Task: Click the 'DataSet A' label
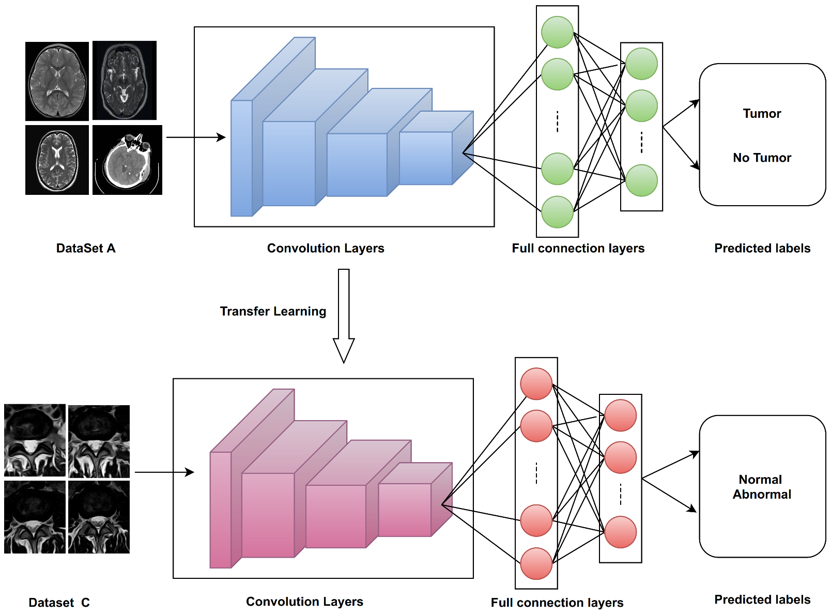86,248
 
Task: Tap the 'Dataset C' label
59,603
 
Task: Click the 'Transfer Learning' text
273,311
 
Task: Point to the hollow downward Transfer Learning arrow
344,316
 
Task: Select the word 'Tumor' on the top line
762,113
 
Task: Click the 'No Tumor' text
762,158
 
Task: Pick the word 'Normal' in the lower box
760,480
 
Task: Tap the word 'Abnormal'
762,495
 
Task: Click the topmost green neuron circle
557,32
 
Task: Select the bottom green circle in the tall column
557,212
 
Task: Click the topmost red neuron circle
536,384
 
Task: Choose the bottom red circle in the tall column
536,563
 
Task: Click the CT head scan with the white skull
127,160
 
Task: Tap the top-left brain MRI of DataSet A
57,81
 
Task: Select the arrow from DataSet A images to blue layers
196,137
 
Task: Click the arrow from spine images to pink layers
164,472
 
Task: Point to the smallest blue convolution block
437,148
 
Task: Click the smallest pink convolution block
415,500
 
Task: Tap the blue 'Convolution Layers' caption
326,248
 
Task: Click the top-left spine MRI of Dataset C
35,440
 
